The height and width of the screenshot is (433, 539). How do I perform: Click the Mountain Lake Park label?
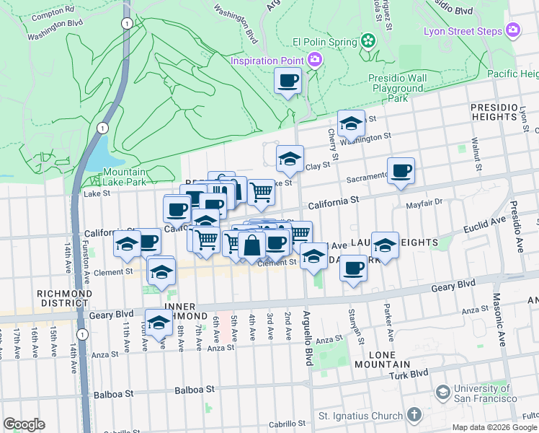(124, 177)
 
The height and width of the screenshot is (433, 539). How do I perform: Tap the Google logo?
(24, 424)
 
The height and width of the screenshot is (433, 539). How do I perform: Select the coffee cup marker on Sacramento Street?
(401, 171)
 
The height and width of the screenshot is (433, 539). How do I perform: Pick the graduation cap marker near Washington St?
(351, 123)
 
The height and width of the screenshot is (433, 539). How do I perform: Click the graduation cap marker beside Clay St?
(290, 159)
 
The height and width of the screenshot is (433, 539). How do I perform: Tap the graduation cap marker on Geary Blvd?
(158, 322)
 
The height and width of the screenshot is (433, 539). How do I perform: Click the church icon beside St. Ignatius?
(414, 415)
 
